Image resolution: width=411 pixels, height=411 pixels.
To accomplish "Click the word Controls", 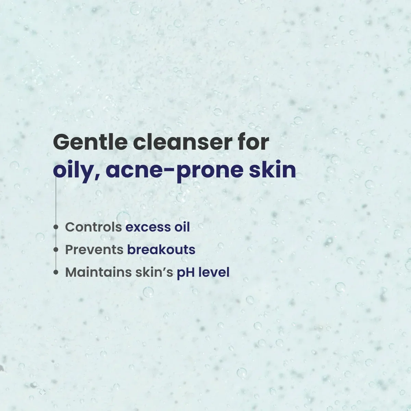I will click(94, 227).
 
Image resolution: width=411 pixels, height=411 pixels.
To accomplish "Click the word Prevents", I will click(94, 250).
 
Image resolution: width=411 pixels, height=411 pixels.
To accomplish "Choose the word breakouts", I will click(161, 250).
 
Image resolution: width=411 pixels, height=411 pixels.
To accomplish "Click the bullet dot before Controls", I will click(56, 227).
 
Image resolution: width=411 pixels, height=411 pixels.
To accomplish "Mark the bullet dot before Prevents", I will click(56, 250).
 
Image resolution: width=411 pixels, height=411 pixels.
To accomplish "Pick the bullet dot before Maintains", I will click(56, 272).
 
